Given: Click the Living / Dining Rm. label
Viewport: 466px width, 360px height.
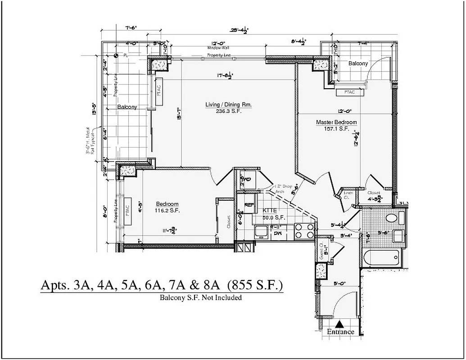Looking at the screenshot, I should [x=228, y=105].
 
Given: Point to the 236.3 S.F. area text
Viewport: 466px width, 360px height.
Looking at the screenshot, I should [x=228, y=112].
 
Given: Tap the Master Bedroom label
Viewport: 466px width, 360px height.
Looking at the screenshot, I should [x=336, y=122].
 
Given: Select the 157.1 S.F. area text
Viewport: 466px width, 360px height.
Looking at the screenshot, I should [x=336, y=129].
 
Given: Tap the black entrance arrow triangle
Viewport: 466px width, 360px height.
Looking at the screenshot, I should [x=340, y=324].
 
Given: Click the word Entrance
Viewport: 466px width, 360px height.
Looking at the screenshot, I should [x=340, y=332].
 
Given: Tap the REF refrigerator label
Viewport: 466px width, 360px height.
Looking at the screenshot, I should [x=249, y=205].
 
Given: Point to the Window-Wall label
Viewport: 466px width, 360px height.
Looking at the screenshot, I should [x=219, y=48].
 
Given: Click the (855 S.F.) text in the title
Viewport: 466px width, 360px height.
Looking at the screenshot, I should [x=255, y=285].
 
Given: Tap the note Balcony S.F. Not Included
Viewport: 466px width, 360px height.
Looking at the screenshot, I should [x=201, y=297].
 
